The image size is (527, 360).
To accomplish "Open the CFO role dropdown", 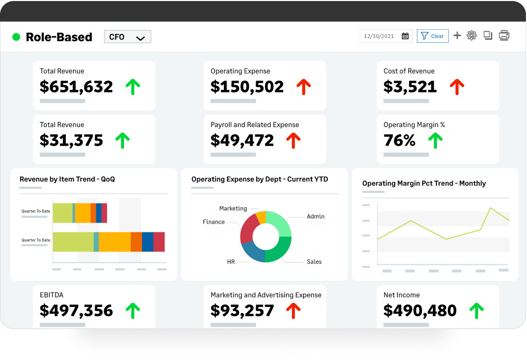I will coord(127,37).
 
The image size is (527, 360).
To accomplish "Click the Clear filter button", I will coord(432,36).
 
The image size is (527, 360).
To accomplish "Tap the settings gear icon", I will coord(471,35).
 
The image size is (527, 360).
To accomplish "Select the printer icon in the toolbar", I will coord(504,35).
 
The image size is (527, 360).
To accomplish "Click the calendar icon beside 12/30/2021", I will coord(405,36).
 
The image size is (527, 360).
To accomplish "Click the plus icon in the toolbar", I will coord(457,35).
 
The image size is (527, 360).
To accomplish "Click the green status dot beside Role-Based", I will coord(16,37).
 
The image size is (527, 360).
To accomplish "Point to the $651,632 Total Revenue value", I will coord(76,86).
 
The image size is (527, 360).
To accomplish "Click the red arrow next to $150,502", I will coord(304,86).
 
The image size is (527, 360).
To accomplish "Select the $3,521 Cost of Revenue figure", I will coord(410,86).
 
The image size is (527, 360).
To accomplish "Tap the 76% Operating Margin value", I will coord(399,140).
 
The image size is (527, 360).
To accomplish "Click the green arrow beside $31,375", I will coord(122,140).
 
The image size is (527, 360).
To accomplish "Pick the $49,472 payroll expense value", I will coord(242,140).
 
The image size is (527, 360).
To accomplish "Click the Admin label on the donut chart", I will coord(315,217).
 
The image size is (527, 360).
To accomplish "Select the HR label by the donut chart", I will coord(231,262).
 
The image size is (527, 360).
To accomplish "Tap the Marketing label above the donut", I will coord(233,208).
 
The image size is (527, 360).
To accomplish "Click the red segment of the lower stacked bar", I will coord(159,242).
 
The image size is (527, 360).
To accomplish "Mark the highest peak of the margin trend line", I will coord(490,208).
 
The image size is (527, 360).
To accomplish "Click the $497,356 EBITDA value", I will coord(76,310).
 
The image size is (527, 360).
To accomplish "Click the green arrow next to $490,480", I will coord(477,310).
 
